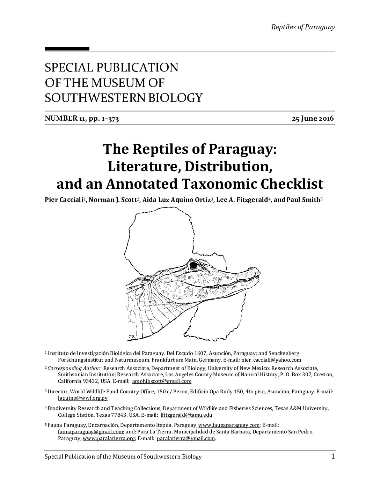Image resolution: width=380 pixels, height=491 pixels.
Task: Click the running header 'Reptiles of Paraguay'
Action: (x=303, y=27)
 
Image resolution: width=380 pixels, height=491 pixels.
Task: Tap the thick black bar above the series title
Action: (x=67, y=49)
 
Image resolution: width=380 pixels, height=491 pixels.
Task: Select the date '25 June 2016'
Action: (x=313, y=119)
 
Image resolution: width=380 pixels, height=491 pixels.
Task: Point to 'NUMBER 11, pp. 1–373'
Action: (x=82, y=119)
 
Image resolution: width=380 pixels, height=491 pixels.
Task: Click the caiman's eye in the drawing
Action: (x=193, y=265)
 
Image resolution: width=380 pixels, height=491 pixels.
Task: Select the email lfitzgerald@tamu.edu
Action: (x=186, y=415)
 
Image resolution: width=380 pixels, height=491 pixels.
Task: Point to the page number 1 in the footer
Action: (x=333, y=456)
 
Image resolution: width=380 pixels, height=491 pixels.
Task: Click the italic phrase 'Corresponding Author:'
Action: (x=74, y=368)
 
